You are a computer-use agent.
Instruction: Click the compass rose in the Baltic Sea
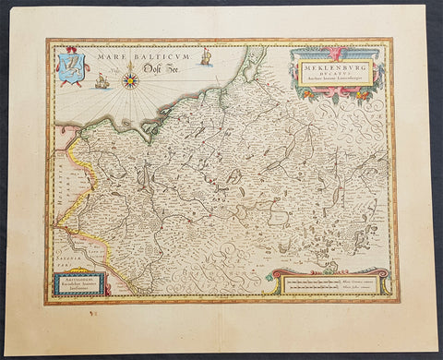click(x=130, y=80)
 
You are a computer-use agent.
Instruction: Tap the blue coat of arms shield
click(x=71, y=67)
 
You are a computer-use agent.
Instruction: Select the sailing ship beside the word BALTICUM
click(x=206, y=57)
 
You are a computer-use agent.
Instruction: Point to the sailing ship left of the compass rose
click(x=102, y=81)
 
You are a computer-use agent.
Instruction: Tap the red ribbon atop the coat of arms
click(x=72, y=52)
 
